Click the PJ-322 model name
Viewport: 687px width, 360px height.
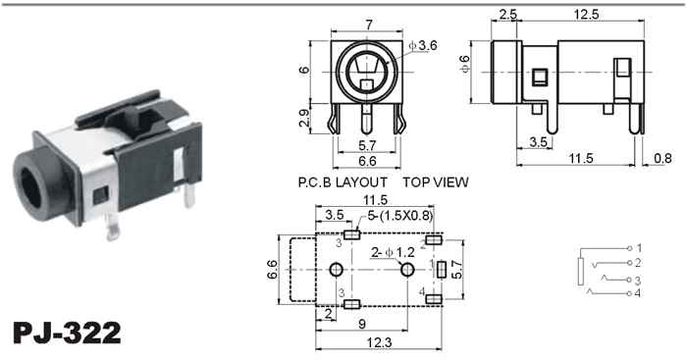(67, 333)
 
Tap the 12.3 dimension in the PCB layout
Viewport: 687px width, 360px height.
(380, 342)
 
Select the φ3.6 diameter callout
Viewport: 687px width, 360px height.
(423, 45)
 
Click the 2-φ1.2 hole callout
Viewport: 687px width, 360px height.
(393, 252)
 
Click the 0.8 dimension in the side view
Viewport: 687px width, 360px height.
(662, 158)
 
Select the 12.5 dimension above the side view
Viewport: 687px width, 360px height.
(586, 15)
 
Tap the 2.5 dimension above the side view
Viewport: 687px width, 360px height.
(507, 15)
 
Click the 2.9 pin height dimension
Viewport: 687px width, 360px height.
(304, 118)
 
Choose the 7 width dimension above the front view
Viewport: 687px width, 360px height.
(369, 25)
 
